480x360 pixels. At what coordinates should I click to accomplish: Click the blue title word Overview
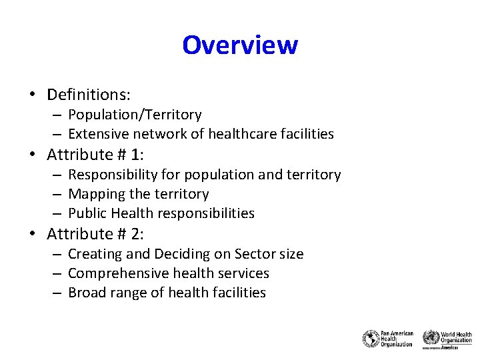click(x=239, y=45)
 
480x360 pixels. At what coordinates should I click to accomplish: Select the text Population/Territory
click(x=135, y=115)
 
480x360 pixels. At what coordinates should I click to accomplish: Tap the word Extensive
click(x=95, y=134)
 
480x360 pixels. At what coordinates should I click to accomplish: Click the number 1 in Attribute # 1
click(x=136, y=155)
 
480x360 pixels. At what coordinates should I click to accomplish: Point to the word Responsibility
click(x=111, y=175)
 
